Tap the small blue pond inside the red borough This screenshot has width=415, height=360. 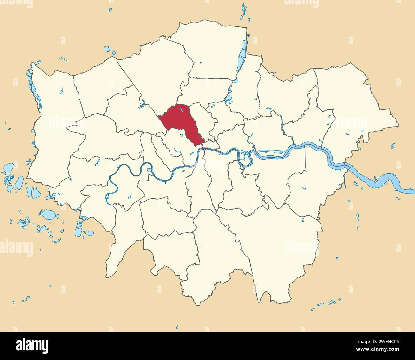[x=181, y=110]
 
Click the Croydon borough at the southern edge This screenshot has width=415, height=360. [x=217, y=252]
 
